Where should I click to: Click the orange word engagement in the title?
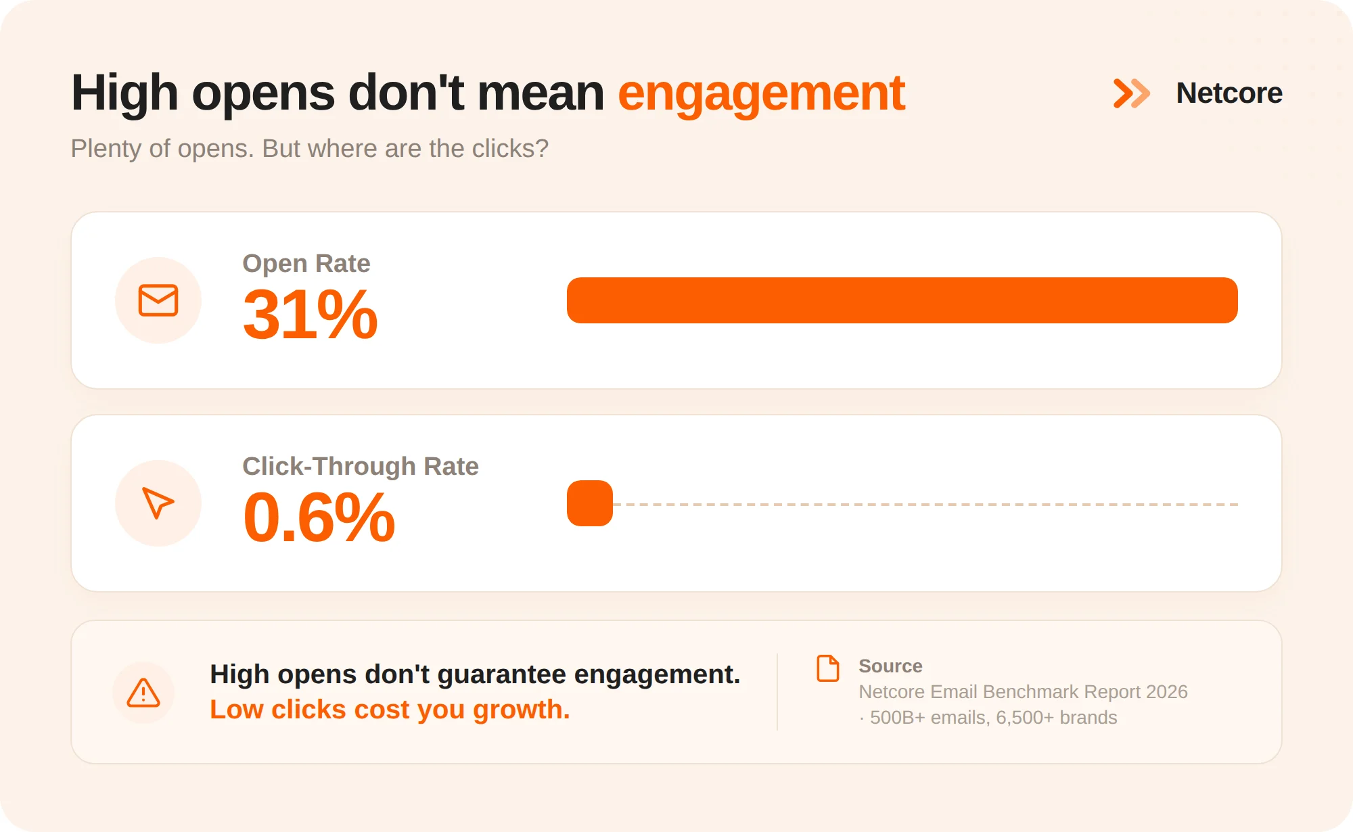(761, 95)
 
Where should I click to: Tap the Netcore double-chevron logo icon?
(1132, 93)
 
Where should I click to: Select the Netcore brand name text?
(1229, 93)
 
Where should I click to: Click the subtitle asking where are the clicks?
(309, 149)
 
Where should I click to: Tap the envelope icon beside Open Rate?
(158, 300)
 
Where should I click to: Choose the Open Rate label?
(306, 263)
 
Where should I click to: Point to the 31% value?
(310, 315)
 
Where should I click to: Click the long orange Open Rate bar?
(902, 300)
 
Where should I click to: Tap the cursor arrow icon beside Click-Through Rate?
(158, 503)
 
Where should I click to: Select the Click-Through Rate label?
(361, 466)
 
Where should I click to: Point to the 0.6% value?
(319, 517)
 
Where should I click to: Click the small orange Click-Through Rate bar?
(590, 503)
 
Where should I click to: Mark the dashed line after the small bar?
(925, 505)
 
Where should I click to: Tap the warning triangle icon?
(143, 693)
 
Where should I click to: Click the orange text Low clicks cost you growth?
(390, 710)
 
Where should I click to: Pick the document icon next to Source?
(828, 668)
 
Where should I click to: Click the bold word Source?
(890, 666)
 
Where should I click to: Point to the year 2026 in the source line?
(1167, 692)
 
